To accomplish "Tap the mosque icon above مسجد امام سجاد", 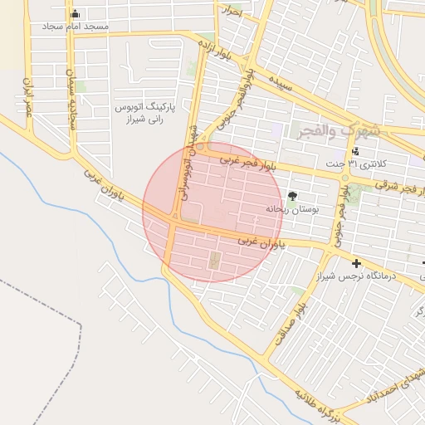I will click(x=76, y=13).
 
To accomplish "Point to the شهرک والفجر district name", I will click(x=336, y=130).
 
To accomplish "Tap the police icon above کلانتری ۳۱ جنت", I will click(x=355, y=151).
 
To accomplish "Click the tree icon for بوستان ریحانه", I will click(x=292, y=196).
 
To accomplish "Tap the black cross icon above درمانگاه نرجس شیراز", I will click(x=356, y=263).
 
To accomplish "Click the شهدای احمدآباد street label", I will click(x=409, y=381).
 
